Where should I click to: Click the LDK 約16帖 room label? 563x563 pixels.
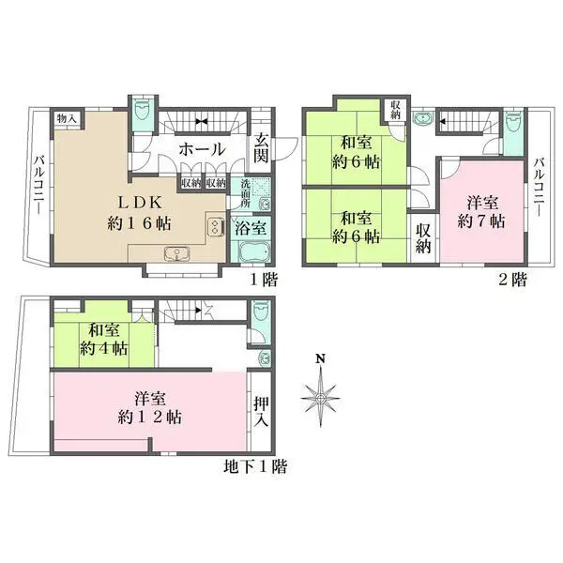139,213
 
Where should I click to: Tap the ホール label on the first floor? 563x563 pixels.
202,149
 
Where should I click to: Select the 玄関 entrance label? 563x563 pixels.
262,147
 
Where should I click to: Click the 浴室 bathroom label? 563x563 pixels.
251,228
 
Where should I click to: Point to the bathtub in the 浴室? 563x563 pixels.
254,252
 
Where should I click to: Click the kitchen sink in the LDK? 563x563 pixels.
176,254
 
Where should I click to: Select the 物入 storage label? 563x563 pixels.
67,118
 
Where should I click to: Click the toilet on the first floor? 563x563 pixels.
143,110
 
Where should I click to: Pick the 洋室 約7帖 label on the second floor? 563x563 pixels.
482,212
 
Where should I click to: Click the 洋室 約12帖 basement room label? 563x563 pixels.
150,408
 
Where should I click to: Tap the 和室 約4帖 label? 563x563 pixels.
104,340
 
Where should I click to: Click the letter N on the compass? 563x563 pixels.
321,358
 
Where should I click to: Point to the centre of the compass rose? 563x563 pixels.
321,398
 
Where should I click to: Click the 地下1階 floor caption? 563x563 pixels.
255,466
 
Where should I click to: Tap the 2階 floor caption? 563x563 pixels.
513,280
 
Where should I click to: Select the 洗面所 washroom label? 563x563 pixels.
245,193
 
